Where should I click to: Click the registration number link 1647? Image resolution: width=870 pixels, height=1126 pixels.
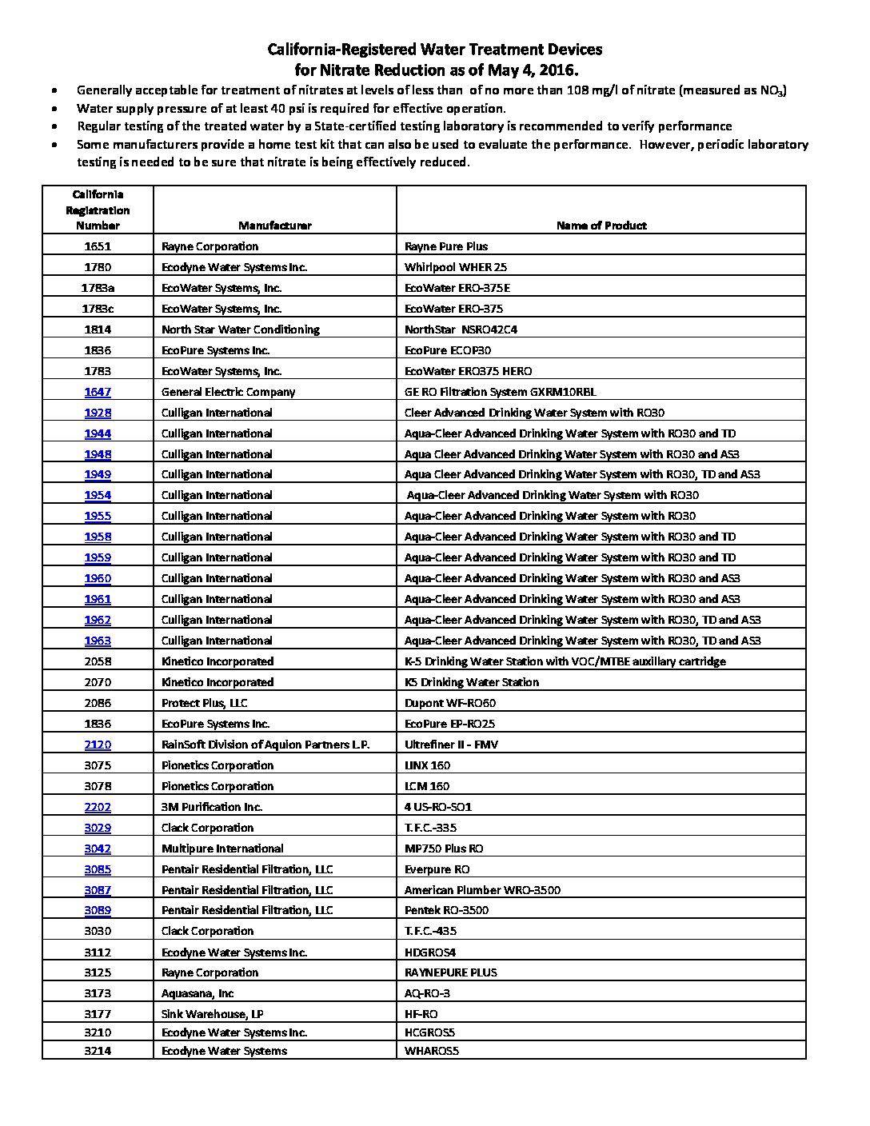pyautogui.click(x=98, y=392)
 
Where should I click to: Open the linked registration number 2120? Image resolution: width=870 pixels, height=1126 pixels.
pyautogui.click(x=98, y=745)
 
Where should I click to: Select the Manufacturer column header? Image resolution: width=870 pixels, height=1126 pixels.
pyautogui.click(x=274, y=226)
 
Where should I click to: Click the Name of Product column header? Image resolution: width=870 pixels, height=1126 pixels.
pyautogui.click(x=601, y=226)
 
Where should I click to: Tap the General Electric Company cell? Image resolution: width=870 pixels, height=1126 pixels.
pyautogui.click(x=228, y=392)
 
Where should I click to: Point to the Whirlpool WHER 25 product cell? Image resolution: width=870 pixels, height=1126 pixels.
pyautogui.click(x=455, y=267)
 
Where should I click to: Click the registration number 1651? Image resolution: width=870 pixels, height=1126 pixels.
pyautogui.click(x=98, y=246)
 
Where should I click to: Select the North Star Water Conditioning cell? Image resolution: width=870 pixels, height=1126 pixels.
pyautogui.click(x=240, y=329)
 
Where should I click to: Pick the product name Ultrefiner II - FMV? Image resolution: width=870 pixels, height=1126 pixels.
pyautogui.click(x=451, y=745)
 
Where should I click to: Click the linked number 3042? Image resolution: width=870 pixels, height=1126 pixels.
pyautogui.click(x=98, y=848)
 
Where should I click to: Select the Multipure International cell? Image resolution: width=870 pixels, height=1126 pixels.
pyautogui.click(x=222, y=848)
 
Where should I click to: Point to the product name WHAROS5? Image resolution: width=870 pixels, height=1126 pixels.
pyautogui.click(x=432, y=1051)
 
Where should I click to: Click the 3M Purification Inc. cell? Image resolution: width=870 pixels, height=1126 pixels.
pyautogui.click(x=211, y=807)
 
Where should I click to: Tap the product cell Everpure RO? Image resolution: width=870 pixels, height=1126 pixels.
pyautogui.click(x=437, y=869)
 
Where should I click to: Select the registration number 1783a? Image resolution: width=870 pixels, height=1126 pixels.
pyautogui.click(x=98, y=288)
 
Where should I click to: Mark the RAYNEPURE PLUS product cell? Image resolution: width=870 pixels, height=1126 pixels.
pyautogui.click(x=450, y=972)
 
